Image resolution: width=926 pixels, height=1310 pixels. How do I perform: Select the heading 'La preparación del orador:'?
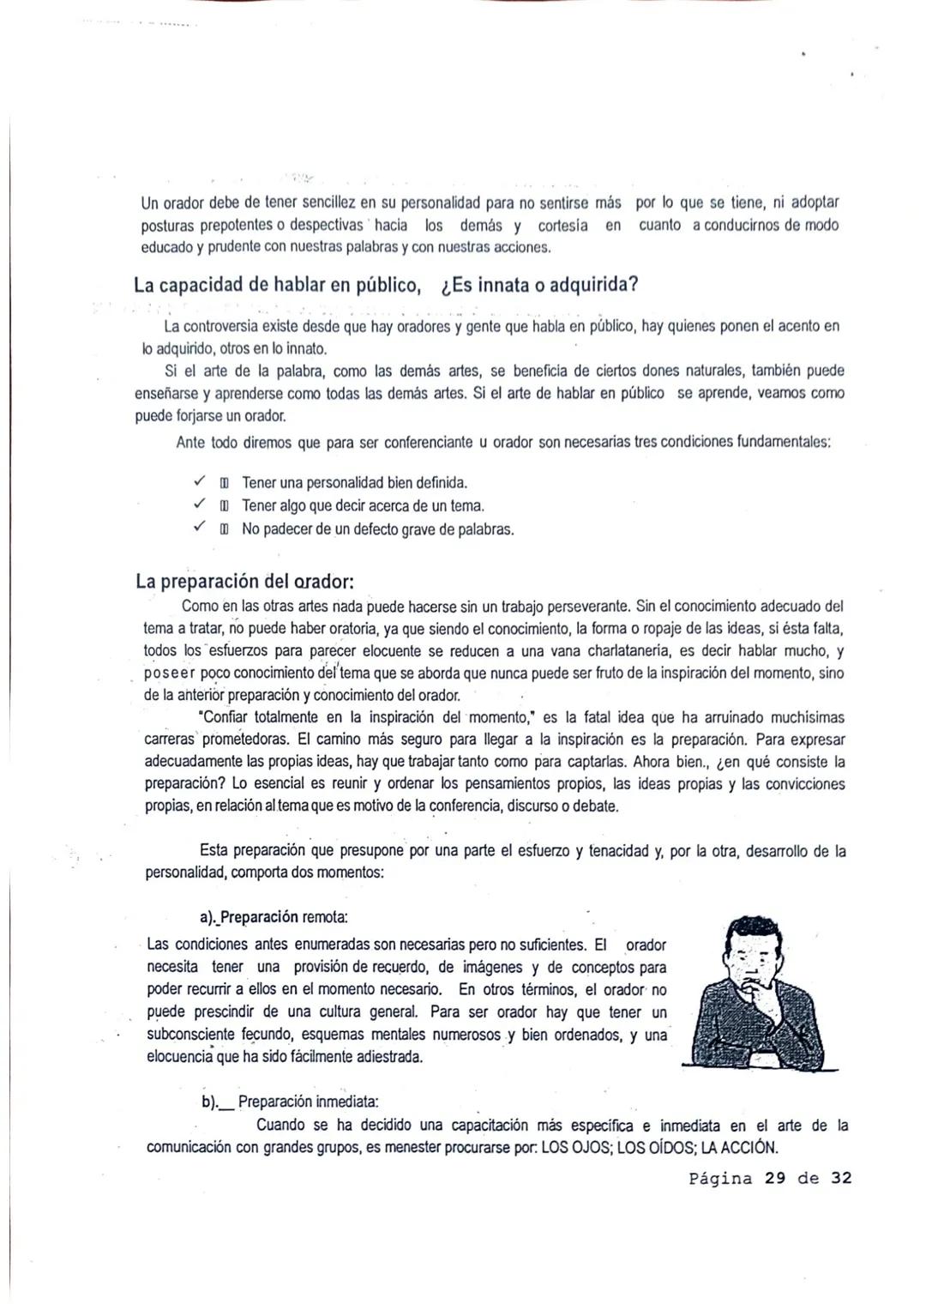(x=244, y=581)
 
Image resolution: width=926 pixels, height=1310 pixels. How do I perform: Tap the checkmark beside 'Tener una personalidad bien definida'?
(x=199, y=481)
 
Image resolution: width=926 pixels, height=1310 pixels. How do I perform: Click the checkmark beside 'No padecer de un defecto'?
(x=199, y=528)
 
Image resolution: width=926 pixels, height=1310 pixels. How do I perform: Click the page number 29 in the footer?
(x=775, y=1178)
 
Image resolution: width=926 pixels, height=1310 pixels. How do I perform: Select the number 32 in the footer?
(x=841, y=1178)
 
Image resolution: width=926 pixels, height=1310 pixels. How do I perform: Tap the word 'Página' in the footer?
(x=721, y=1178)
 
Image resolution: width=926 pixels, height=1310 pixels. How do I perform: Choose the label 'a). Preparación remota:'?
(x=274, y=917)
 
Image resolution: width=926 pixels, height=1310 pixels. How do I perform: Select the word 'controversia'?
(x=223, y=327)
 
